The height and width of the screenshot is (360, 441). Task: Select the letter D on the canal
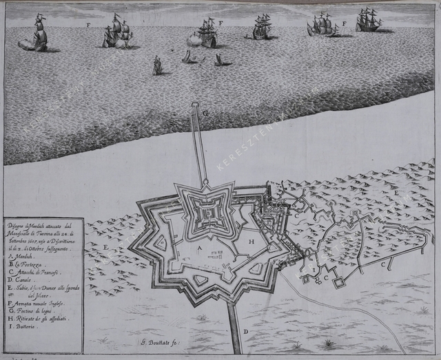tap(245, 332)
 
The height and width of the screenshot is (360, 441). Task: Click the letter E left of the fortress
tap(106, 246)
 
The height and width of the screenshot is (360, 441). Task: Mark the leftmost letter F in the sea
tap(88, 25)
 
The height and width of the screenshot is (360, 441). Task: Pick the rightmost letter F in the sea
tap(344, 24)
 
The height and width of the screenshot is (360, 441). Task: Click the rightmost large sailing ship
tap(369, 21)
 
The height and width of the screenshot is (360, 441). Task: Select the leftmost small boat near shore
tap(158, 66)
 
